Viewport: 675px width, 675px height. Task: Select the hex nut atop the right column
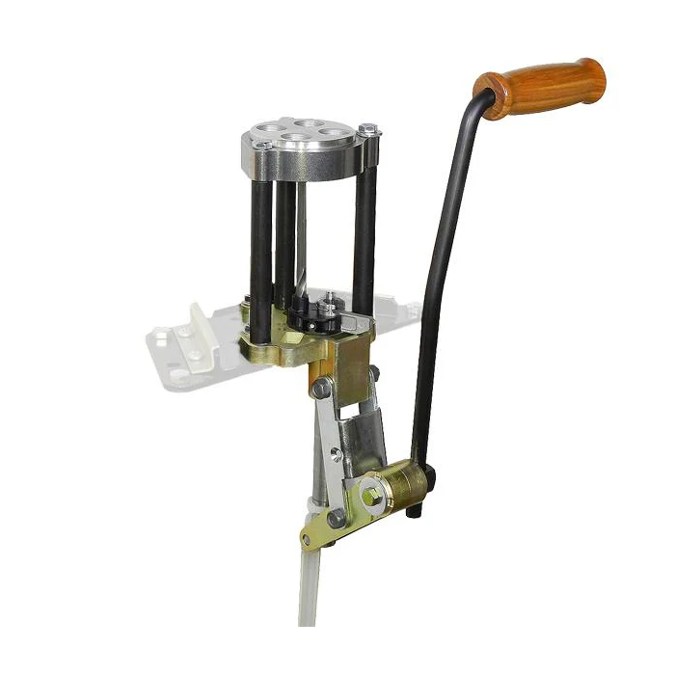(x=368, y=129)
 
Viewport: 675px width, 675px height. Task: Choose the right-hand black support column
(x=364, y=241)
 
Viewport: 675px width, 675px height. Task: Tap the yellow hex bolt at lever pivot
(x=372, y=494)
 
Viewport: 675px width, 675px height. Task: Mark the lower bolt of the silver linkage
(x=337, y=518)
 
